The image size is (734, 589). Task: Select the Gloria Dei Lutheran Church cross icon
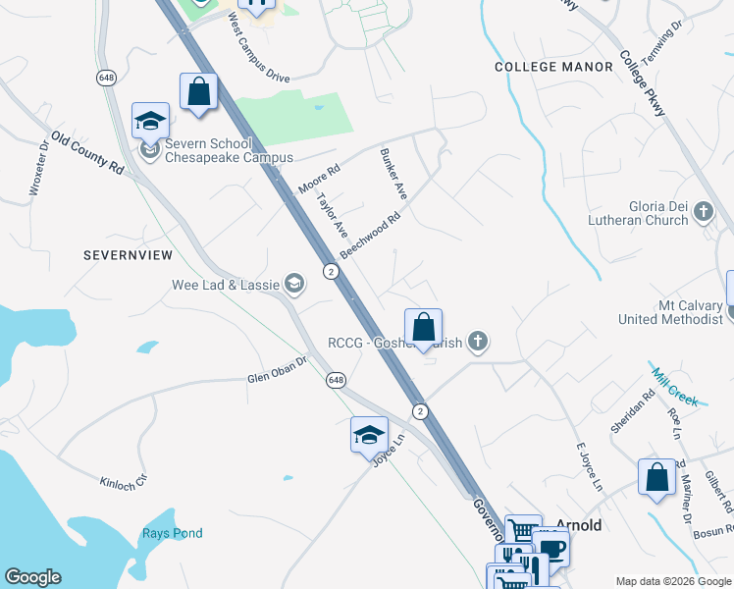coord(703,211)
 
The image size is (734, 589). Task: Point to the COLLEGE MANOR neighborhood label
coord(546,67)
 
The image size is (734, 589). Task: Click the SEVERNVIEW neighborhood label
coord(128,255)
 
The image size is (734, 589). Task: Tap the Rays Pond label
coord(172,533)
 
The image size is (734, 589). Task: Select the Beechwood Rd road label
coord(372,234)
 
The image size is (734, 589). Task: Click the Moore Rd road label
coord(319,178)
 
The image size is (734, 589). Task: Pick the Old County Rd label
coord(87,153)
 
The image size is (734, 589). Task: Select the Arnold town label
coord(579,525)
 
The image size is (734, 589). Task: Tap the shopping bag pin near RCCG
coord(423,327)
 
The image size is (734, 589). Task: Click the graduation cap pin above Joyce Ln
coord(369,435)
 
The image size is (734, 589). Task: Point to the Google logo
coord(32,577)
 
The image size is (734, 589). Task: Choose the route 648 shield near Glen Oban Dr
coord(337,379)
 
